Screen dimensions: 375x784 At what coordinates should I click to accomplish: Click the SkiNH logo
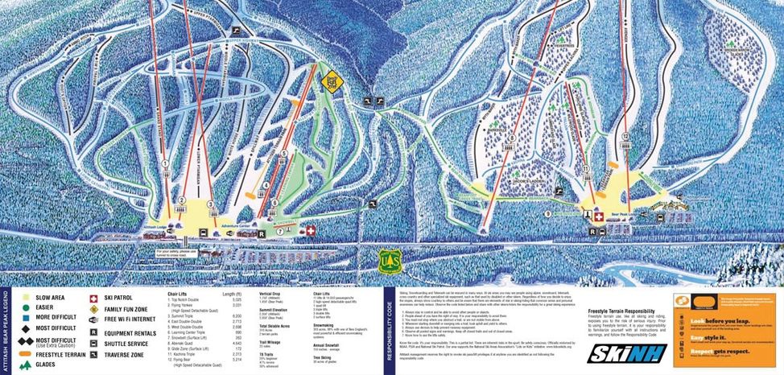[617, 353]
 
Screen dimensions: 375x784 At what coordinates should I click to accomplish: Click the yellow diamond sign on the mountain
[330, 83]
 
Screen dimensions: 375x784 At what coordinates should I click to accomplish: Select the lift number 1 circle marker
[166, 163]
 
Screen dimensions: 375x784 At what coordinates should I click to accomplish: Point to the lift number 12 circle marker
[623, 137]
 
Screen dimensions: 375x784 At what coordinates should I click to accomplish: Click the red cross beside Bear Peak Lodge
[598, 217]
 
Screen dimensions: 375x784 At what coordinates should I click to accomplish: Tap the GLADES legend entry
[48, 365]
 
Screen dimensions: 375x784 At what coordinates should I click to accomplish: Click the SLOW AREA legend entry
[50, 297]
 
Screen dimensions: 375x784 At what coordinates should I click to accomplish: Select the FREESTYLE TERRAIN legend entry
[60, 353]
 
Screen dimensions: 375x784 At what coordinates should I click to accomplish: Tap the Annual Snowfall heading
[326, 346]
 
